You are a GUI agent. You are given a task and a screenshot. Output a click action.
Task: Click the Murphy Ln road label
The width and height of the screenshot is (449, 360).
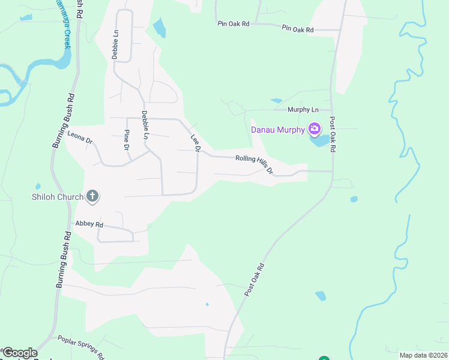(303, 110)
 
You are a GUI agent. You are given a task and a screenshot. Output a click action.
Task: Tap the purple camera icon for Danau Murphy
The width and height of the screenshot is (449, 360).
(314, 128)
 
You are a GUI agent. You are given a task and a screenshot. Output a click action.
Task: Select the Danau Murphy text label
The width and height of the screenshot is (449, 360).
(277, 129)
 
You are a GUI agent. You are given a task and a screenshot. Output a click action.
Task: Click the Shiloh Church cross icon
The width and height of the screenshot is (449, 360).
(92, 196)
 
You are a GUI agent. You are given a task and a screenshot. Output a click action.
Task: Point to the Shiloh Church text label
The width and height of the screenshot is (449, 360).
(58, 196)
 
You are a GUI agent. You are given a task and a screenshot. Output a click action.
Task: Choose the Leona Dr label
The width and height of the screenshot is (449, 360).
(80, 137)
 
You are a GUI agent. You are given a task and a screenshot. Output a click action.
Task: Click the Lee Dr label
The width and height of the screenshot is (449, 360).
(195, 142)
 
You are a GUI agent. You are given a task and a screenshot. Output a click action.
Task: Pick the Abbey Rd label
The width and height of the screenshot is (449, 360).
(89, 224)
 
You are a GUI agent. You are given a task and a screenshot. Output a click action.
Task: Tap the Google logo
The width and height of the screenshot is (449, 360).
(19, 353)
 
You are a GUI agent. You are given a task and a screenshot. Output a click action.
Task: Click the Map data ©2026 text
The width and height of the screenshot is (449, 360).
(423, 355)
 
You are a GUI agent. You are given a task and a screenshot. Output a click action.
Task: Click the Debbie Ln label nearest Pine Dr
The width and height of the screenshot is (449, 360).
(145, 125)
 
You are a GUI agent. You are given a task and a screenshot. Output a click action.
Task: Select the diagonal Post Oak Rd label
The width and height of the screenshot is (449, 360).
(255, 279)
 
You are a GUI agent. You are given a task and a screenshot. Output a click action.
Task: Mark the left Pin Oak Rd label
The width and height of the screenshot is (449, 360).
(234, 24)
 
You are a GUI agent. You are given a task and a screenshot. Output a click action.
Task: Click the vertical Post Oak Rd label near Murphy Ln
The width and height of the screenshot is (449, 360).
(332, 133)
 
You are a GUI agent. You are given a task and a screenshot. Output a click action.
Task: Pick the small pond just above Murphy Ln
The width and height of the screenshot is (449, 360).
(276, 100)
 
